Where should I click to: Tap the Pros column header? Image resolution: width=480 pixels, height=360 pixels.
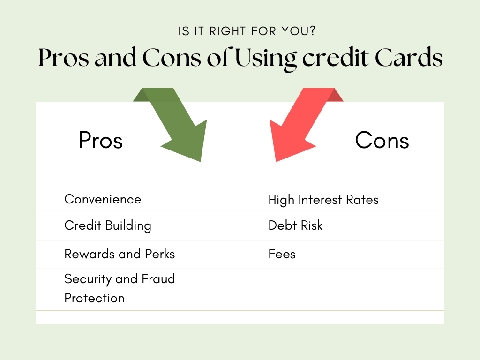tap(101, 140)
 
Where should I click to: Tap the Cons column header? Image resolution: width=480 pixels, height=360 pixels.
tap(382, 140)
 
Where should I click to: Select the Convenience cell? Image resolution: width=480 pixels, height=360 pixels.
tap(103, 199)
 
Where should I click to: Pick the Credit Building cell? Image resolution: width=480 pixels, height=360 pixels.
tap(108, 226)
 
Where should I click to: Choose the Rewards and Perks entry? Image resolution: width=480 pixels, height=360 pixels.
tap(120, 254)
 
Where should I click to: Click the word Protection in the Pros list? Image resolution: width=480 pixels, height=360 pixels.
tap(95, 298)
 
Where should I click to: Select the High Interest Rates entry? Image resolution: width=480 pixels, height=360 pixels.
tap(323, 200)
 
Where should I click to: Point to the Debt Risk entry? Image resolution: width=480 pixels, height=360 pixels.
tap(295, 225)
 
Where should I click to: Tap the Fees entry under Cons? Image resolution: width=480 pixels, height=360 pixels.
tap(282, 254)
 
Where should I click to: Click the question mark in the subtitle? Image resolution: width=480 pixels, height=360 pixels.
tap(313, 31)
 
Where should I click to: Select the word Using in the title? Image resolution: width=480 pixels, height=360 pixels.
tap(266, 58)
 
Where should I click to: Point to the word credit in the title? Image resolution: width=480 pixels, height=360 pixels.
tap(336, 58)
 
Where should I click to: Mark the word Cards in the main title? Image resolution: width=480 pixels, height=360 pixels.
tap(409, 58)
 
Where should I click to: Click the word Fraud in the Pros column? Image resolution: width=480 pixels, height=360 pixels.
tap(158, 279)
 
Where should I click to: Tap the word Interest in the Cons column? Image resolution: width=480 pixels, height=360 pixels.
tap(320, 200)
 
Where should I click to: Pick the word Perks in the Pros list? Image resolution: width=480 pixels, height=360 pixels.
tap(160, 254)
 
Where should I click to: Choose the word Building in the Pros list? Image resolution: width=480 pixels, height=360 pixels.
tap(128, 226)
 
